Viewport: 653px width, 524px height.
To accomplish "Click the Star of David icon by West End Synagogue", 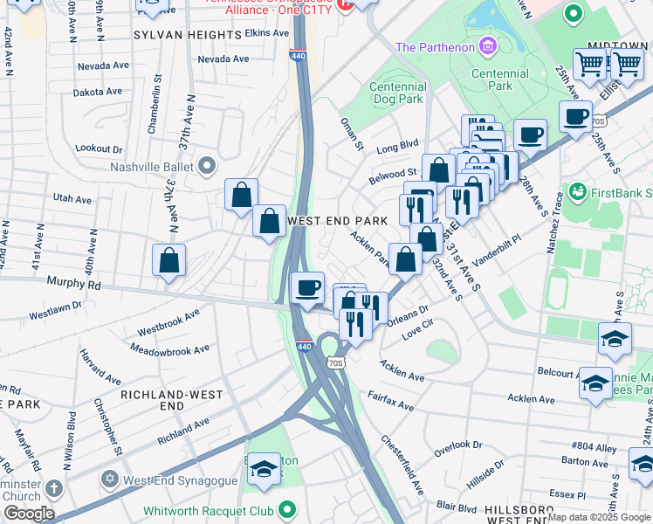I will click(x=109, y=480).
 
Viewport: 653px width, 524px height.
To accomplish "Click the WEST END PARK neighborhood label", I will click(x=336, y=222).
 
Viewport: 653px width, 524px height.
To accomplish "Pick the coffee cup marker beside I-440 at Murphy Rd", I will click(x=306, y=288).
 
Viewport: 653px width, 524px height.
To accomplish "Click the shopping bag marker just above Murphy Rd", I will click(x=168, y=260).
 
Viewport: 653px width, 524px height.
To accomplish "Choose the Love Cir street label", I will click(x=417, y=329).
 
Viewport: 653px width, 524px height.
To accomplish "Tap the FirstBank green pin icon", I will click(x=576, y=190).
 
